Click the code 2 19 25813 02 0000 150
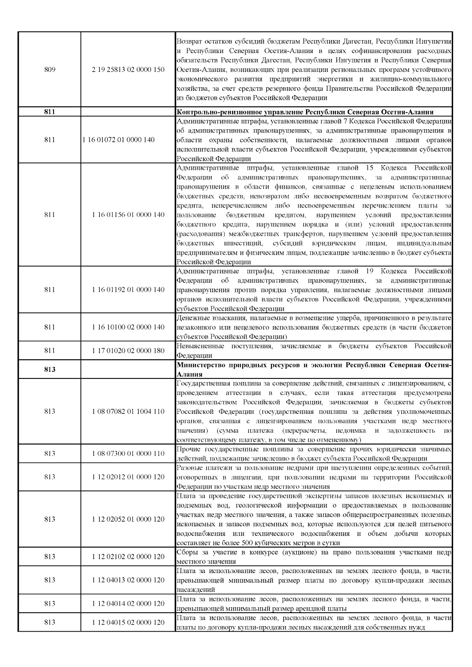point(128,70)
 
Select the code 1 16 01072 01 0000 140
point(118,140)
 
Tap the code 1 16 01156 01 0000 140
point(128,215)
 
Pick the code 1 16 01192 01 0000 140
point(128,290)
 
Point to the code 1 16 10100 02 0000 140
point(128,327)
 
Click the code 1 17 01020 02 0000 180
point(128,351)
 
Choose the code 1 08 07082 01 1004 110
point(128,412)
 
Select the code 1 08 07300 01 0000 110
point(128,454)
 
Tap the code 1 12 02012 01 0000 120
point(128,477)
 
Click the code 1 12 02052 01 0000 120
point(128,519)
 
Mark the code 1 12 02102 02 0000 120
point(128,557)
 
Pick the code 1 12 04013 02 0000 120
point(128,580)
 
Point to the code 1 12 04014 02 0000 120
point(128,603)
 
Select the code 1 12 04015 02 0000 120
point(128,622)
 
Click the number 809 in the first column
point(50,70)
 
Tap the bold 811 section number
point(50,112)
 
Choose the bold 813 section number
point(50,369)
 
